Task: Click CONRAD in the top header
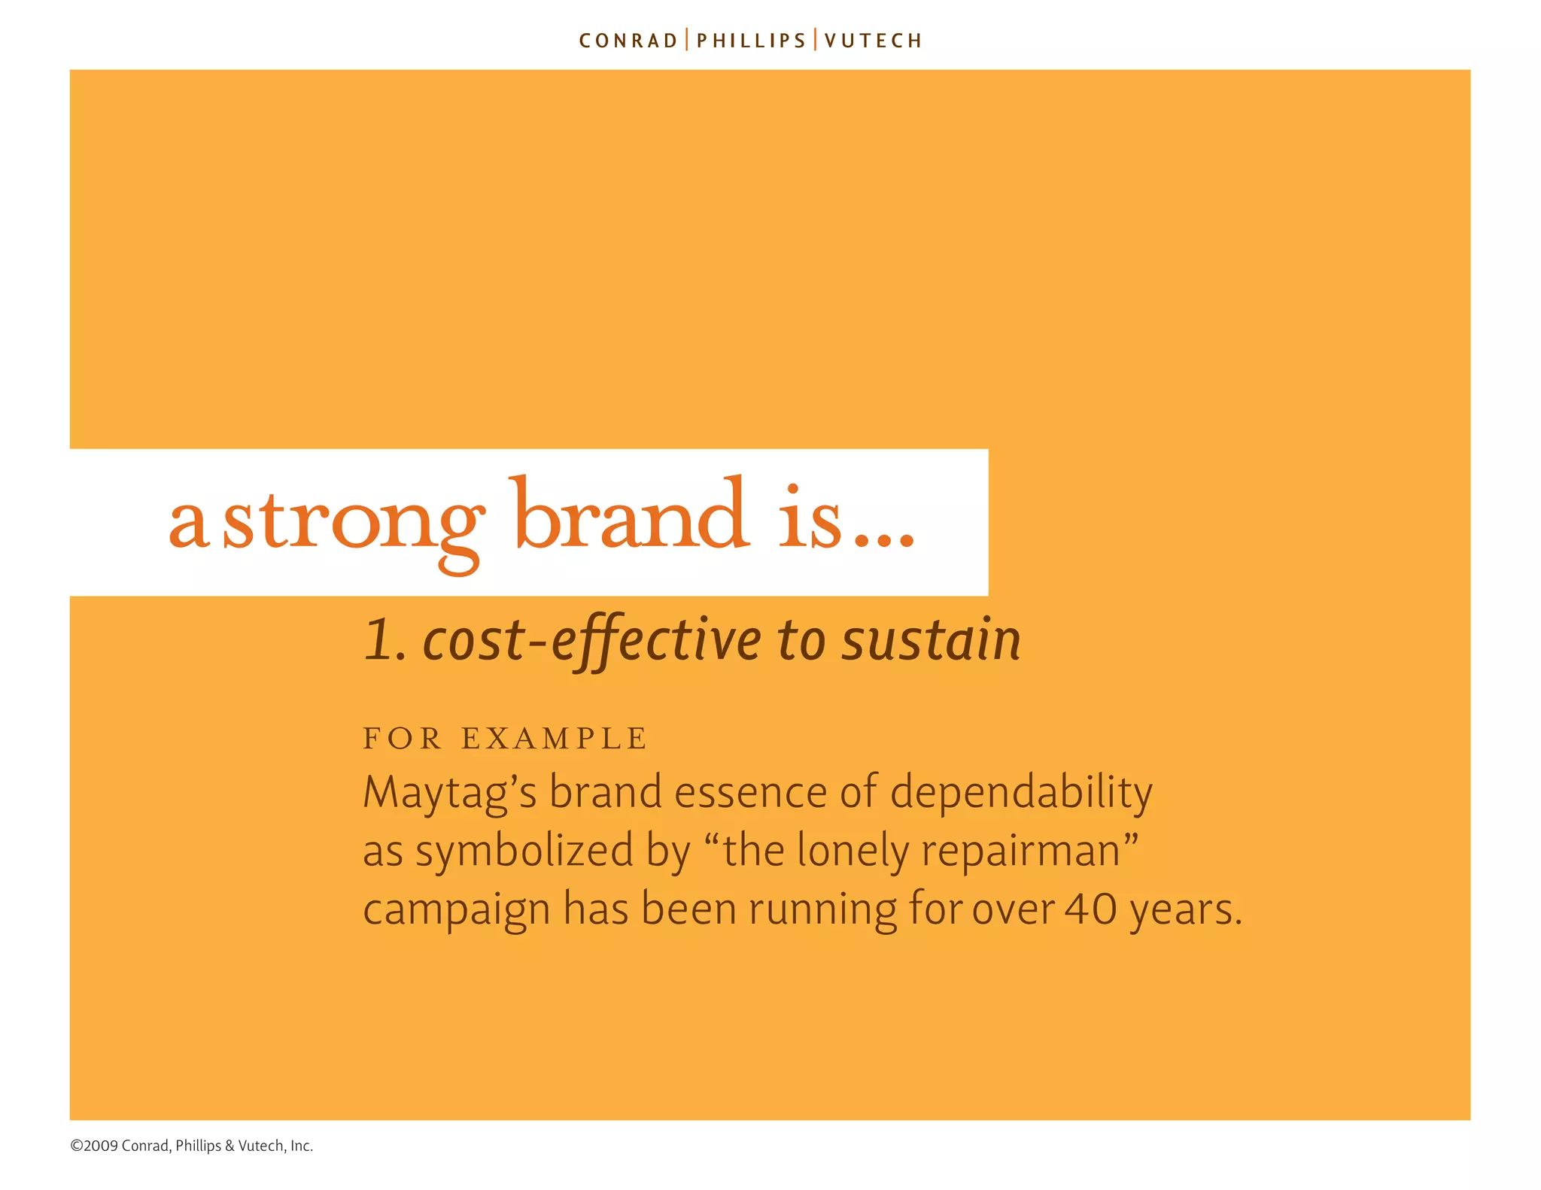click(628, 41)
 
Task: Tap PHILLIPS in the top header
click(751, 41)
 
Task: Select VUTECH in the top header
click(873, 41)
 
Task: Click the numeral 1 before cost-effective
click(378, 641)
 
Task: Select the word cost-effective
click(593, 641)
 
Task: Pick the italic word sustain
click(931, 641)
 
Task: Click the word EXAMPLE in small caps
click(555, 739)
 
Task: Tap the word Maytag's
click(449, 793)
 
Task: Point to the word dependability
click(1021, 793)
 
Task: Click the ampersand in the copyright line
click(229, 1146)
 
